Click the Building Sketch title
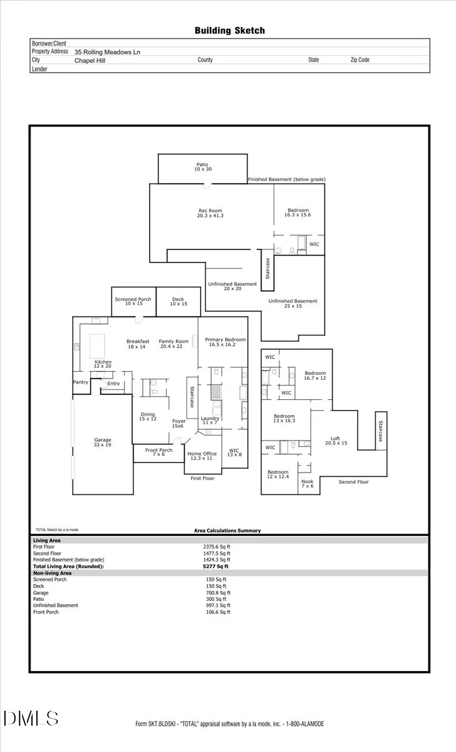(229, 30)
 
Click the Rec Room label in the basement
(210, 213)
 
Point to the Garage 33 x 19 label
(102, 443)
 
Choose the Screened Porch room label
(133, 301)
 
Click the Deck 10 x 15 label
(179, 301)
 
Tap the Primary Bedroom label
(225, 342)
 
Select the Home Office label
(202, 456)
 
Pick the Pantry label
(81, 382)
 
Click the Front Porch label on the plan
(159, 452)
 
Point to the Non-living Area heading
(52, 573)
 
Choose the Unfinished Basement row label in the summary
(56, 605)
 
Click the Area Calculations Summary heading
(227, 531)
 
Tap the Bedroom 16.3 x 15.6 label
(298, 212)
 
